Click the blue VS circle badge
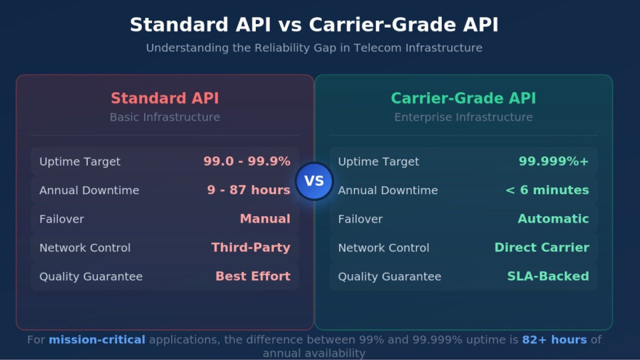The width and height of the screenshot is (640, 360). [314, 181]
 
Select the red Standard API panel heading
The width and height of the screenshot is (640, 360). [165, 99]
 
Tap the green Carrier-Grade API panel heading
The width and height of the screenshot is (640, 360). [463, 99]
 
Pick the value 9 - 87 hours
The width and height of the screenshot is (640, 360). [249, 190]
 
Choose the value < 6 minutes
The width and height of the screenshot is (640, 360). [547, 190]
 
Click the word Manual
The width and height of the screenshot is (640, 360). [265, 219]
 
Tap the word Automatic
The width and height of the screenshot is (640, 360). [553, 219]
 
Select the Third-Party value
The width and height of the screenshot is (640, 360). [251, 247]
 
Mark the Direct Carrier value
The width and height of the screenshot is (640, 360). [541, 247]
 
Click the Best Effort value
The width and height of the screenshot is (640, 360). [253, 276]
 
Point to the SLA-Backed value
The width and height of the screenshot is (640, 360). [548, 276]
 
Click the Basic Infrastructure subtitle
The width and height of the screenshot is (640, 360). [165, 117]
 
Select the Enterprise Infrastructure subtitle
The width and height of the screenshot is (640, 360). [463, 117]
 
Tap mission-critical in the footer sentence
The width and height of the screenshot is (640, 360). [97, 340]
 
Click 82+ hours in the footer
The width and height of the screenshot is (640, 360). [554, 340]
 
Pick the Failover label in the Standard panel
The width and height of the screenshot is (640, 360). [61, 219]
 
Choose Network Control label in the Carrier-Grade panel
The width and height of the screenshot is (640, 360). [383, 248]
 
